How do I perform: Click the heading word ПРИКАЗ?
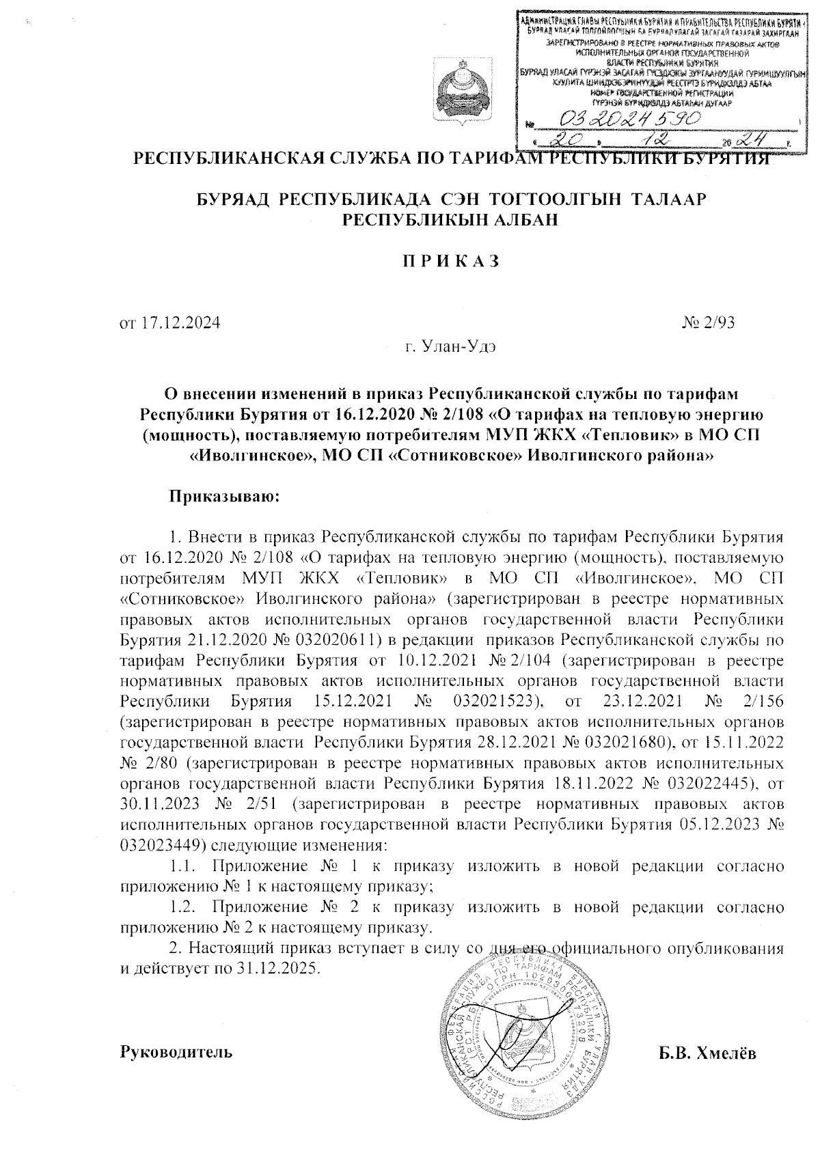click(451, 260)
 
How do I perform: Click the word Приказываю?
click(225, 496)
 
